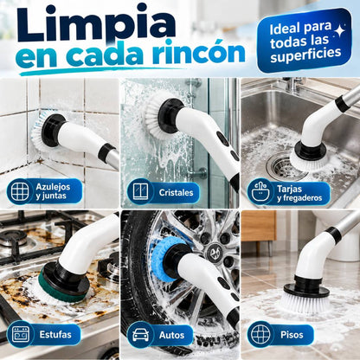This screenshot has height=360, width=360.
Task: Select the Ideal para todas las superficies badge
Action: pyautogui.click(x=305, y=41)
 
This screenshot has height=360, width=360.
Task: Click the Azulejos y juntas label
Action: pyautogui.click(x=53, y=191)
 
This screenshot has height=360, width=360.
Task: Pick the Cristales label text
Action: pyautogui.click(x=176, y=192)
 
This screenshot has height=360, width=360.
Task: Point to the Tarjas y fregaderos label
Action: pyautogui.click(x=299, y=193)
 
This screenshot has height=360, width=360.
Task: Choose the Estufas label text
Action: pyautogui.click(x=55, y=335)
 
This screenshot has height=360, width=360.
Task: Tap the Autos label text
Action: pyautogui.click(x=171, y=335)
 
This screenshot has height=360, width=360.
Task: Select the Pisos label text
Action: pyautogui.click(x=292, y=335)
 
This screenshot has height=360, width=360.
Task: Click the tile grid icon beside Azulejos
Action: pyautogui.click(x=20, y=191)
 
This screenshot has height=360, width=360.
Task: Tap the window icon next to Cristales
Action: pyautogui.click(x=140, y=192)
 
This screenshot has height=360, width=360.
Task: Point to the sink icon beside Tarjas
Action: pyautogui.click(x=260, y=192)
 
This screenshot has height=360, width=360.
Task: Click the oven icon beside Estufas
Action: pyautogui.click(x=21, y=335)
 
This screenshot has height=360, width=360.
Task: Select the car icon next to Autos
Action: pyautogui.click(x=140, y=335)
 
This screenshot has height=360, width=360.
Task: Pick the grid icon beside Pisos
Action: pyautogui.click(x=260, y=335)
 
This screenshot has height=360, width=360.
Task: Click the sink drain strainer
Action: pyautogui.click(x=282, y=165)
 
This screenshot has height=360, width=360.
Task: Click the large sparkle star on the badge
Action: pyautogui.click(x=339, y=29)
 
